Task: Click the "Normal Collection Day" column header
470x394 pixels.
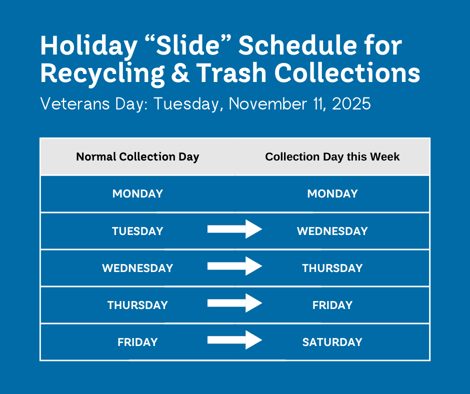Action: coord(137,157)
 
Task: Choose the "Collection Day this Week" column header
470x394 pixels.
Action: coord(332,157)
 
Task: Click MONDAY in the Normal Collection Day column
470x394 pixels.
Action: coord(137,194)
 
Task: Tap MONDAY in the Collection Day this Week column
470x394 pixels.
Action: coord(332,194)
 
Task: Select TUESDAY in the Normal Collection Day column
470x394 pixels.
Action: coord(137,231)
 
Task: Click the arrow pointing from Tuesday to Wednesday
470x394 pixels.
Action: coord(234,229)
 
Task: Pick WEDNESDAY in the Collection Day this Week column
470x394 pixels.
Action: coord(332,231)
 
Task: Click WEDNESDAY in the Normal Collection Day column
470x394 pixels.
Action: coord(137,268)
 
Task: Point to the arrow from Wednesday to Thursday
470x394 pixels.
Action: coord(234,266)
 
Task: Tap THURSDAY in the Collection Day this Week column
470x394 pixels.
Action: coord(332,268)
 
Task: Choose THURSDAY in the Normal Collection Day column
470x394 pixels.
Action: coord(137,305)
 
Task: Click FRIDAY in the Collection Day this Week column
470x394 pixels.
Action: coord(332,305)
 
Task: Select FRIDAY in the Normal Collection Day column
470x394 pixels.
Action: coord(137,342)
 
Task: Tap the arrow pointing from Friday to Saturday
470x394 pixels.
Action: coord(234,340)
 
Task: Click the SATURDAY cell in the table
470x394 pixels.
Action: coord(332,342)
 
